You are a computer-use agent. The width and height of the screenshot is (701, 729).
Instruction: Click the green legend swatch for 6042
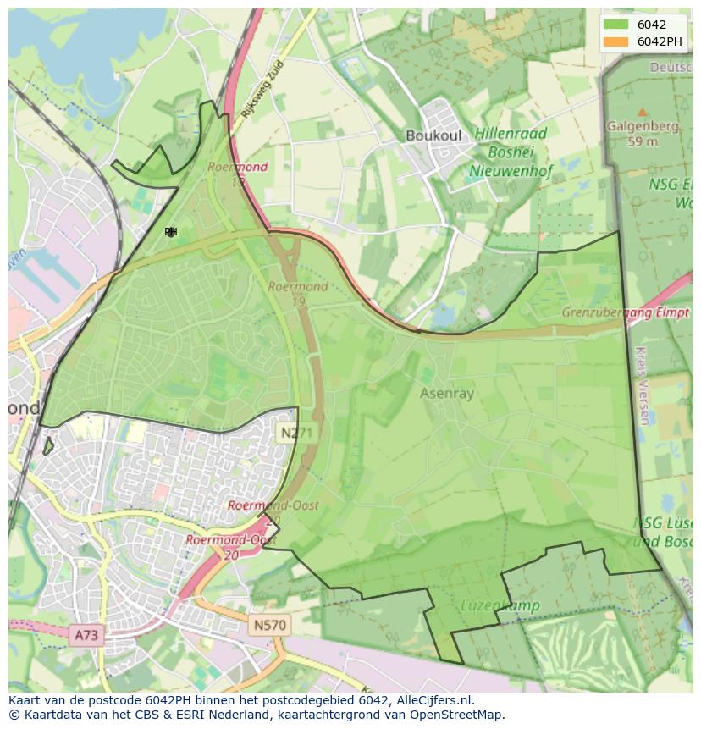point(616,25)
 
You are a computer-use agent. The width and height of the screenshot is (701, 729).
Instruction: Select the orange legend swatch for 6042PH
point(616,41)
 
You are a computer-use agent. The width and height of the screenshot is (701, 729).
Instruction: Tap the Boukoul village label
point(433,135)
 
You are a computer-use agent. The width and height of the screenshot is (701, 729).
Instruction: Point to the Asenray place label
point(447,393)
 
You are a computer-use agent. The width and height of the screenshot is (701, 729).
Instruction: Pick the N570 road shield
point(269,626)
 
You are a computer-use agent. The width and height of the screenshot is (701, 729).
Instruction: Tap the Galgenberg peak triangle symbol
point(642,112)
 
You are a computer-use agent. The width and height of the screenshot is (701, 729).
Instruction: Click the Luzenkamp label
point(488,605)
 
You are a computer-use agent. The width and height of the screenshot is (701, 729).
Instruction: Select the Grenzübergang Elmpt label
point(625,312)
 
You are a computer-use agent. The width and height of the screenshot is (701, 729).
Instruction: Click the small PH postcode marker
point(170,232)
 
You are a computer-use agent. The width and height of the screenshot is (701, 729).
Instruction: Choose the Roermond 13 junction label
point(238,174)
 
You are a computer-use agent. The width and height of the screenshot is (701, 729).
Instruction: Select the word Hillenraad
point(511,134)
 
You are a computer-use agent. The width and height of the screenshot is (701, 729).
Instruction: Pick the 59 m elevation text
point(642,141)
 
